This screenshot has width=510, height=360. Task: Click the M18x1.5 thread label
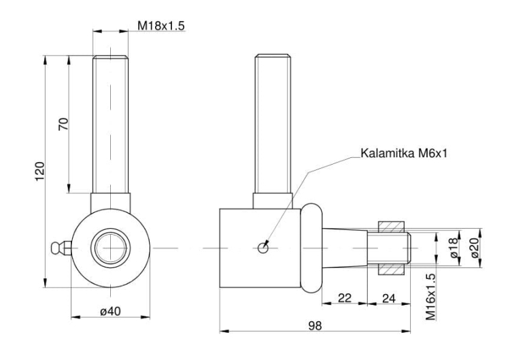[x=161, y=25]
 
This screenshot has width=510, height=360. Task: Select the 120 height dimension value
[x=39, y=171]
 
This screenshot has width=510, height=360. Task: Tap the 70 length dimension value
[x=64, y=124]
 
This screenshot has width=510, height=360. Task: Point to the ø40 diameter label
[x=110, y=312]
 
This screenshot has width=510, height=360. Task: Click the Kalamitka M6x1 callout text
[x=404, y=153]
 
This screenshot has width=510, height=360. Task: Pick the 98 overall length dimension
[x=315, y=325]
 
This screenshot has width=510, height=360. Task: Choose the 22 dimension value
[x=345, y=298]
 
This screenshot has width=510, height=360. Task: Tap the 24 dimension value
[x=389, y=298]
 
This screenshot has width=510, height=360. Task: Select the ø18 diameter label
[x=455, y=248]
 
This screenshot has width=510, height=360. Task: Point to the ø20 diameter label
[x=475, y=248]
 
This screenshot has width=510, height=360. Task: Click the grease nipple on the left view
[x=61, y=248]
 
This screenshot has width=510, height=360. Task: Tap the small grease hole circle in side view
[x=262, y=248]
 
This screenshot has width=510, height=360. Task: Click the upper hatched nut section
[x=391, y=227]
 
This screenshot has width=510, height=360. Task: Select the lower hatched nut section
[x=391, y=269]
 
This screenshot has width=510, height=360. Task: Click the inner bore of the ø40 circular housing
[x=111, y=248]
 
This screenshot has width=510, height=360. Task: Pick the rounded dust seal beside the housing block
[x=311, y=248]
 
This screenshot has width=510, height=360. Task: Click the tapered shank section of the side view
[x=345, y=248]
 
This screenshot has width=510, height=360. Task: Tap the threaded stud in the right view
[x=273, y=124]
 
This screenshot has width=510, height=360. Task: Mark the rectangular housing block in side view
[x=260, y=248]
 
